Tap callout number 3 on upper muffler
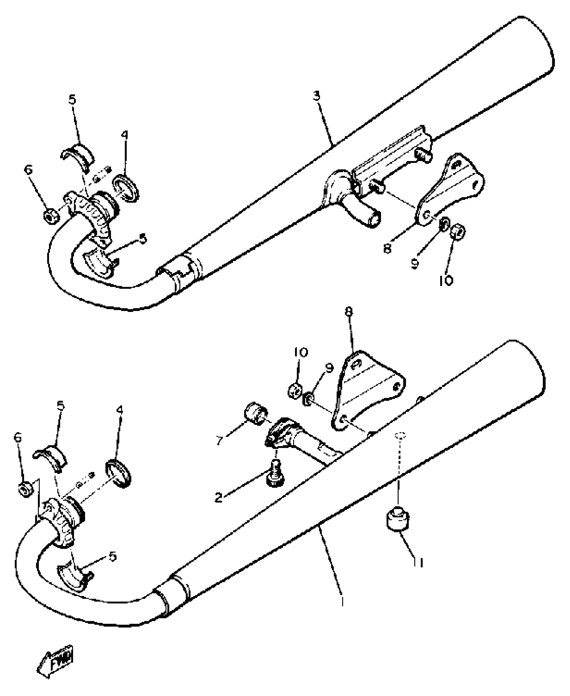(x=317, y=96)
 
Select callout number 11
(x=419, y=563)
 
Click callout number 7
(x=220, y=440)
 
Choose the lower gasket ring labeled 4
(x=118, y=474)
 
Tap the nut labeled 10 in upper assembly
(x=457, y=231)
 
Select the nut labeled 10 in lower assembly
(x=295, y=390)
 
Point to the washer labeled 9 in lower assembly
(x=308, y=399)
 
